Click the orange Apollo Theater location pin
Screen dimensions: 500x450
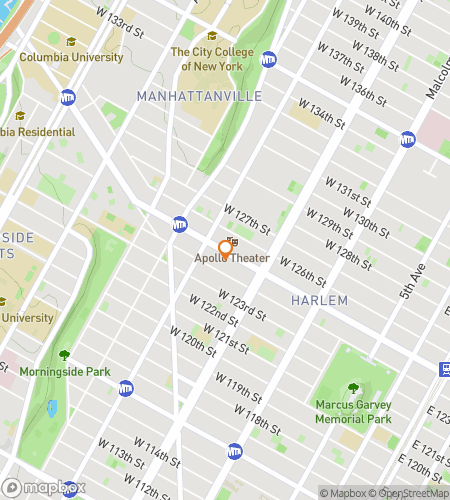click(x=225, y=249)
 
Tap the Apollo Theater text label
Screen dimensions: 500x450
click(x=232, y=258)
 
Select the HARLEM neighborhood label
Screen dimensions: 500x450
click(x=319, y=300)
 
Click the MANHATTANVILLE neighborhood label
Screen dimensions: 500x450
click(x=199, y=96)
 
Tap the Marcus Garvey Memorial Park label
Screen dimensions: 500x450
click(x=352, y=413)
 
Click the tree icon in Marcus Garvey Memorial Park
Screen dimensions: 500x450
click(x=352, y=388)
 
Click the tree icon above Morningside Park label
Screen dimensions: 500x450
click(x=64, y=354)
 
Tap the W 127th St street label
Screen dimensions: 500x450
click(x=247, y=219)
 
